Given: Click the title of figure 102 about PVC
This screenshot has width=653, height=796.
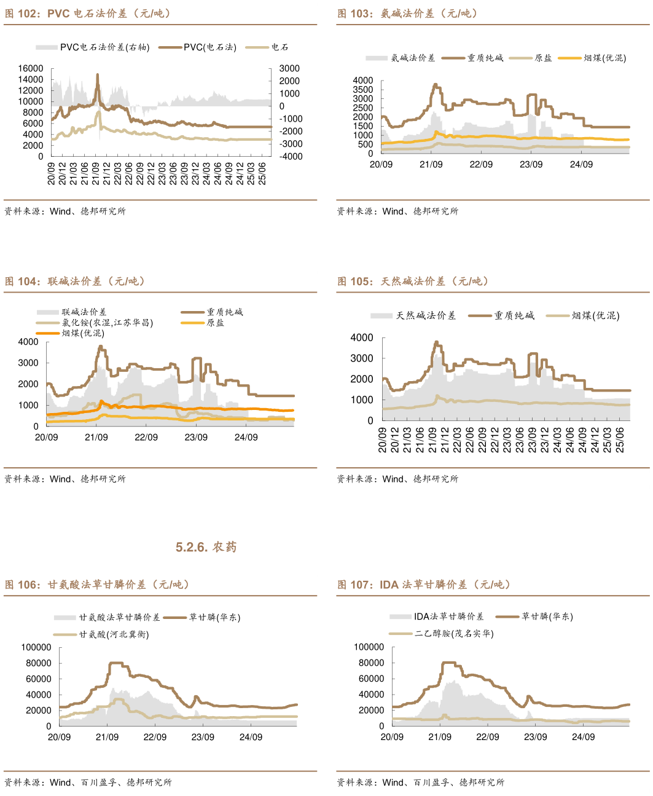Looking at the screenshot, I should coord(88,14).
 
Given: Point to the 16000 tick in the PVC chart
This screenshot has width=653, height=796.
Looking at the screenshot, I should coord(31,68).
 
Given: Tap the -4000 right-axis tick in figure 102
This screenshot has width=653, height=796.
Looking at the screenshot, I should coord(291,156).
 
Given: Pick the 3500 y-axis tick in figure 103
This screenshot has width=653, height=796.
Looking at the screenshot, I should coord(363,90).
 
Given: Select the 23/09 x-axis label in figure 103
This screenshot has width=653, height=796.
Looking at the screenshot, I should coord(531,164).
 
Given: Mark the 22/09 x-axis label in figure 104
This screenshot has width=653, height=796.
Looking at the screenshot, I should coord(146,437).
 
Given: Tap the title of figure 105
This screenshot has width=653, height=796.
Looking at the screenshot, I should coord(413,282).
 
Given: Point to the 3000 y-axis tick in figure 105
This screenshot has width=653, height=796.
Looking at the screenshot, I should coord(362,358).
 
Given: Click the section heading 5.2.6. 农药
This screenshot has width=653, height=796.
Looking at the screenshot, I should coord(206,547).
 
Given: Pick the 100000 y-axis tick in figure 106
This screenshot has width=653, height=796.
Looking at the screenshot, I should coord(36,647).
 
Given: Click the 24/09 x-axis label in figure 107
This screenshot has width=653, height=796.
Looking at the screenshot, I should coord(583,736).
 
